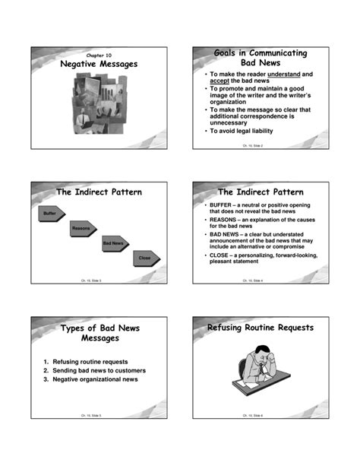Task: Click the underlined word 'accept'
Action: (220, 82)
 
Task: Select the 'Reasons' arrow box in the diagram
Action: (82, 230)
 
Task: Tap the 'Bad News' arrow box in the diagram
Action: (114, 244)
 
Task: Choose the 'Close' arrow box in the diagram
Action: (145, 259)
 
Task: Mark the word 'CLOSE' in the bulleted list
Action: (222, 255)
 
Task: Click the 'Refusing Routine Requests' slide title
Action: (261, 328)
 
